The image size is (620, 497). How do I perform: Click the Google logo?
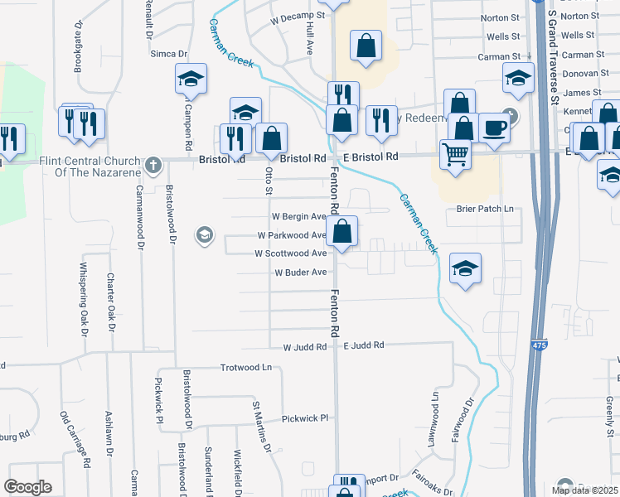[x=27, y=487]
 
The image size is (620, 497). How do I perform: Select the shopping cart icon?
[x=454, y=153]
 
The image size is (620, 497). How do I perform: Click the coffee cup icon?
[x=494, y=128]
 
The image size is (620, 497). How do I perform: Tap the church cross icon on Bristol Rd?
[x=152, y=166]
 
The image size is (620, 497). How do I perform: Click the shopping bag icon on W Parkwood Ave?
[x=342, y=231]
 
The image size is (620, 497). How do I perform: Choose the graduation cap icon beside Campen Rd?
[x=191, y=80]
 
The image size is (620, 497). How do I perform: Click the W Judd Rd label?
[x=306, y=348]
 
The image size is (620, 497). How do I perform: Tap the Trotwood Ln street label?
[x=246, y=367]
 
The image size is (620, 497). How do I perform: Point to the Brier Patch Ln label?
[x=485, y=209]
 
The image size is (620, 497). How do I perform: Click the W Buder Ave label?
[x=300, y=272]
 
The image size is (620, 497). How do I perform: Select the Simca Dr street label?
[x=168, y=54]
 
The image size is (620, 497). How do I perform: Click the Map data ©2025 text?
[x=584, y=490]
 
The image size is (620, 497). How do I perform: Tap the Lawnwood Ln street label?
[x=433, y=424]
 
